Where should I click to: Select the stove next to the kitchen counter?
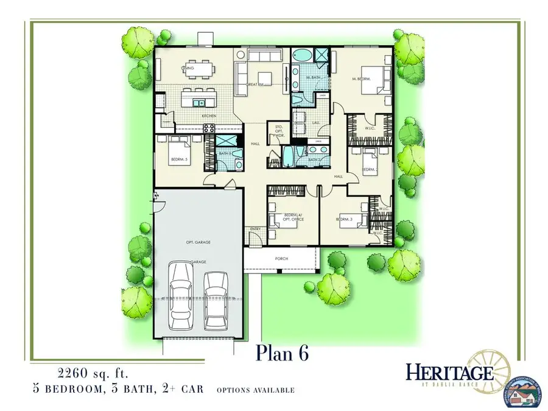(x=208, y=128)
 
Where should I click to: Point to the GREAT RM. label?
(x=254, y=84)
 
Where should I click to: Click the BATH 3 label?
(x=225, y=153)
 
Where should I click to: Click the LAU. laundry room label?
(x=317, y=122)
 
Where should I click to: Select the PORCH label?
(x=281, y=259)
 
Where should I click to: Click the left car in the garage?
(x=181, y=296)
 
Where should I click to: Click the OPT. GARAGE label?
(x=198, y=242)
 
